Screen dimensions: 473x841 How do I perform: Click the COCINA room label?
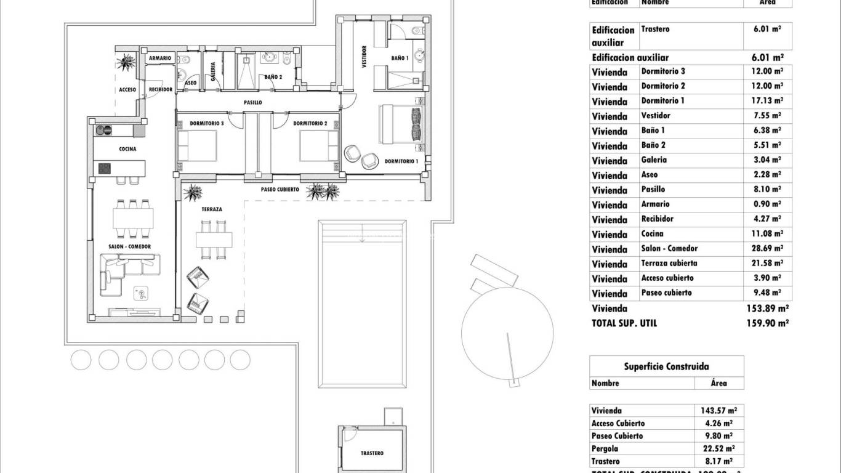(x=127, y=149)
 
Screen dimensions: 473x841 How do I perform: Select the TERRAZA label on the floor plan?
(x=211, y=209)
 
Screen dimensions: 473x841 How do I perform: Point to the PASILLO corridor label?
(x=252, y=103)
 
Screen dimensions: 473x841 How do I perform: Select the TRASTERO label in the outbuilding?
(x=372, y=453)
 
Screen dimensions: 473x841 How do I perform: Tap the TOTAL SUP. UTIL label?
(x=624, y=323)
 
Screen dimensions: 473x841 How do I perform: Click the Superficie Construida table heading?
(x=666, y=366)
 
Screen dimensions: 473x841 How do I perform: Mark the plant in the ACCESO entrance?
(x=127, y=62)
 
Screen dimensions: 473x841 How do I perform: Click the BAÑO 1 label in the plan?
(x=400, y=58)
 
